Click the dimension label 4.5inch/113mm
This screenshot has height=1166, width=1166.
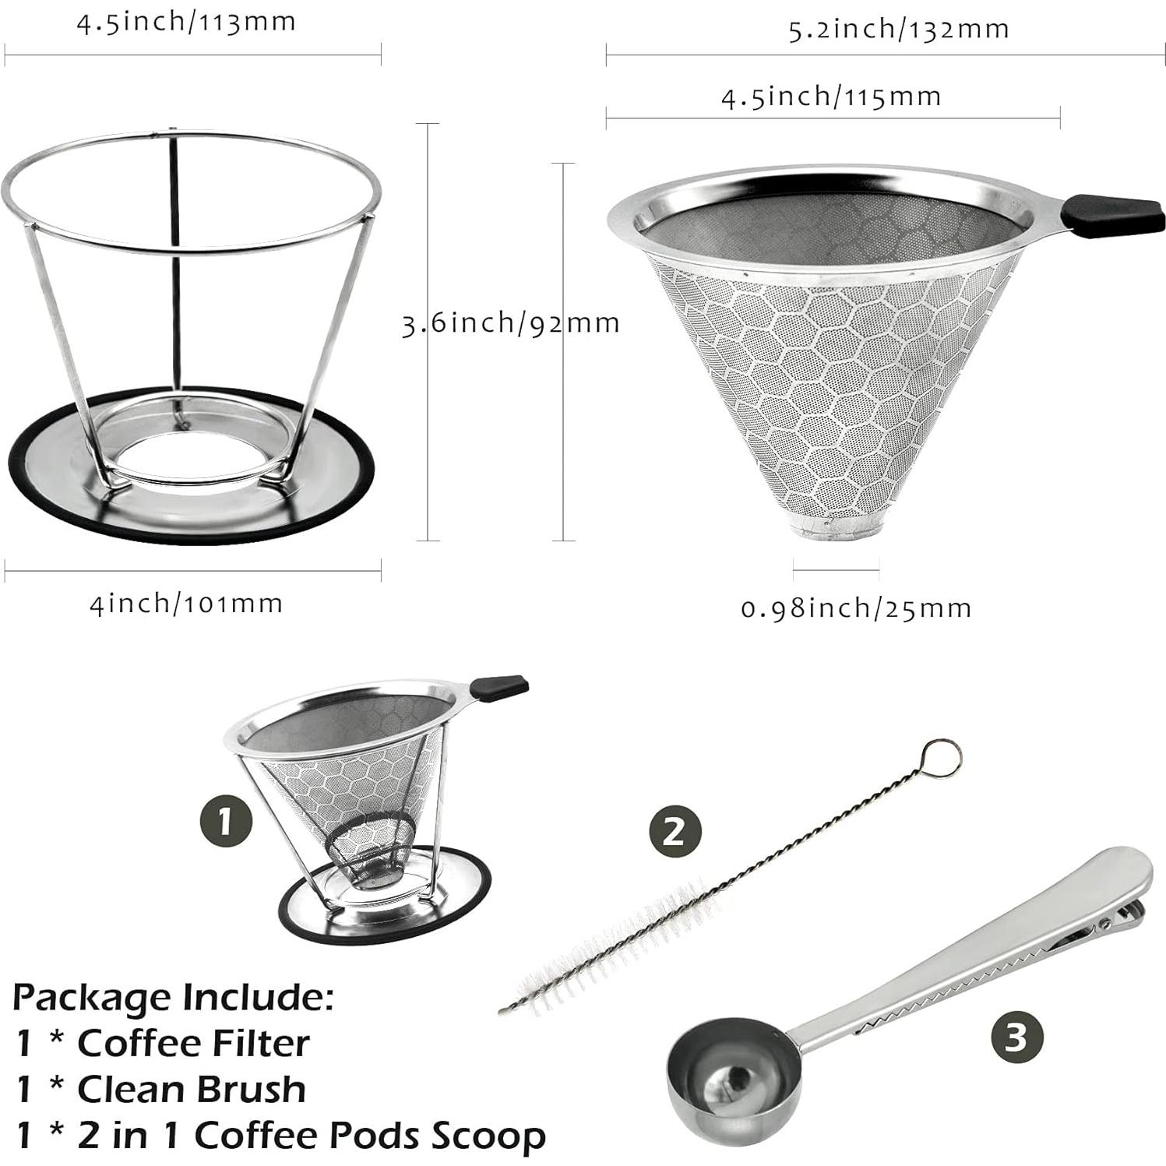186,22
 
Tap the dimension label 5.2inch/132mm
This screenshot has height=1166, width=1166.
899,30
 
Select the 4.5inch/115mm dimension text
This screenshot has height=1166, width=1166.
831,97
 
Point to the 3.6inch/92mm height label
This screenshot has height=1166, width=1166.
510,322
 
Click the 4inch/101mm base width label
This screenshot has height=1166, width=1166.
186,604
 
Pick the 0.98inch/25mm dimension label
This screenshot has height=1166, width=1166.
856,608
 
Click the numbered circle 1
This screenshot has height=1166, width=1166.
226,822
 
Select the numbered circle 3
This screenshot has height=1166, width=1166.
1016,1037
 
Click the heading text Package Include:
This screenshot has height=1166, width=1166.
173,996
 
